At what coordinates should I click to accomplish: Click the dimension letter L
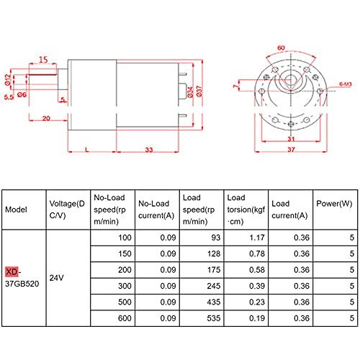point(87,149)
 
